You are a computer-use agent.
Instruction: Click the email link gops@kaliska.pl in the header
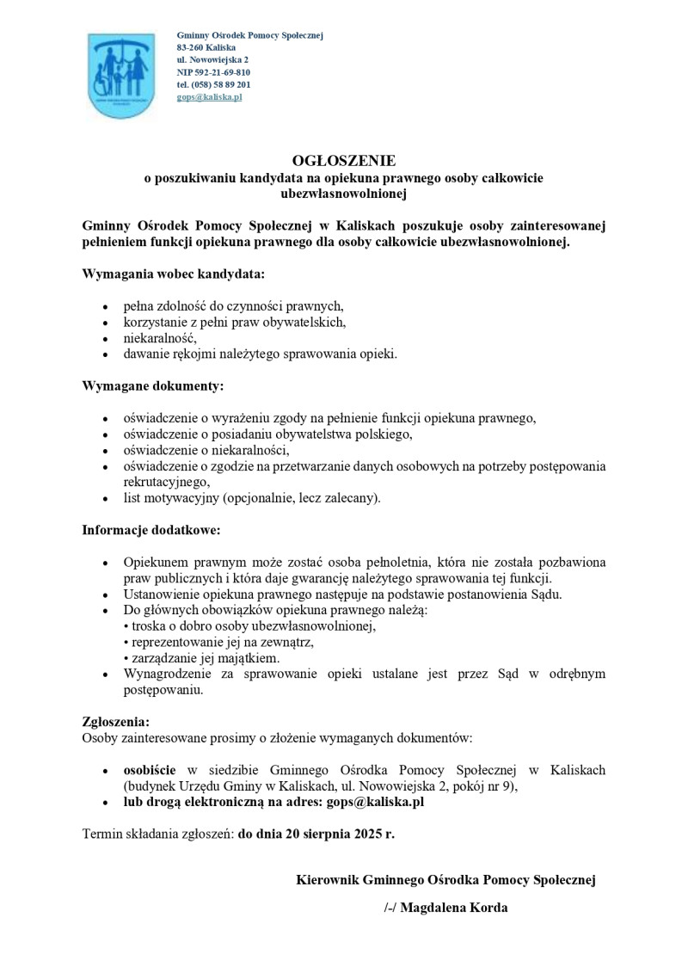[209, 97]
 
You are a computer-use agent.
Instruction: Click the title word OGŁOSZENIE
[343, 160]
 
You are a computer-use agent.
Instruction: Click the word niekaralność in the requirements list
[160, 338]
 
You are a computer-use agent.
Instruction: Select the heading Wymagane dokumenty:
[152, 386]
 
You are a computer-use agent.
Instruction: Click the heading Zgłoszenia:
[116, 721]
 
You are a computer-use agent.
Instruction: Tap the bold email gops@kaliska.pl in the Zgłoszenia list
[375, 802]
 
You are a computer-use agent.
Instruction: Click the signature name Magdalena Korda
[454, 908]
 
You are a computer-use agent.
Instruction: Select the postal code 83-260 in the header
[190, 47]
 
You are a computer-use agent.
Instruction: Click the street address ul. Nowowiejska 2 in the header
[212, 60]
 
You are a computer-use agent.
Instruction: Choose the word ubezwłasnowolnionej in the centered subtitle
[343, 194]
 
